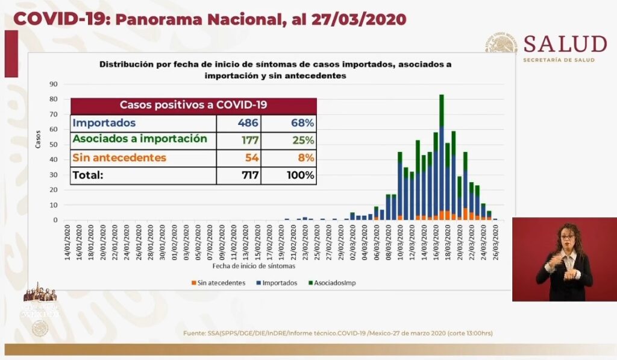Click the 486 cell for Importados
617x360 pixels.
point(247,123)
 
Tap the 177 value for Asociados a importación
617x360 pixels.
point(247,141)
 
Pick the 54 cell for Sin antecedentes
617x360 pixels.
point(249,158)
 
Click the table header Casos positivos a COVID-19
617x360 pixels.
point(193,105)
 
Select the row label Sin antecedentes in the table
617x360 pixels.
point(119,158)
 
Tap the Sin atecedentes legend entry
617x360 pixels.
point(218,282)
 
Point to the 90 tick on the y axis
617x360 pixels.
point(54,84)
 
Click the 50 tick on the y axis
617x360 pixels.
point(54,145)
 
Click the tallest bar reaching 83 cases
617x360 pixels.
point(442,157)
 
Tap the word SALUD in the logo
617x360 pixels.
point(565,44)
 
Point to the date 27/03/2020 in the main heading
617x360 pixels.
point(359,19)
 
